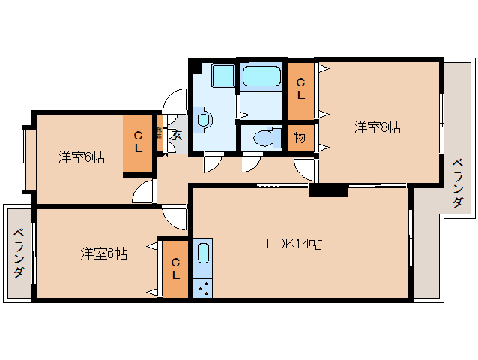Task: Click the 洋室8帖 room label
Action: coord(377,127)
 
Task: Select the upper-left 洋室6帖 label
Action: coord(81,157)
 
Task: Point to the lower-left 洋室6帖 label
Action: coord(103,253)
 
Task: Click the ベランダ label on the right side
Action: coord(457,182)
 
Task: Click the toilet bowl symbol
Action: coord(261,138)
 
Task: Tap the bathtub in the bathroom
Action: coord(261,76)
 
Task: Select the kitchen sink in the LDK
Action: coord(203,253)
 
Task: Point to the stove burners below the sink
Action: coord(203,286)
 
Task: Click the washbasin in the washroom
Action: coord(203,118)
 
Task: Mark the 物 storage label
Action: coord(299,139)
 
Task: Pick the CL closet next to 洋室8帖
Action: coord(300,88)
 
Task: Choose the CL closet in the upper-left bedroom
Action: coord(139,142)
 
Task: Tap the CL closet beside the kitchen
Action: coord(175,268)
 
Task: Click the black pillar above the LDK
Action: coord(328,190)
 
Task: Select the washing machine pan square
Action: coord(223,76)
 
